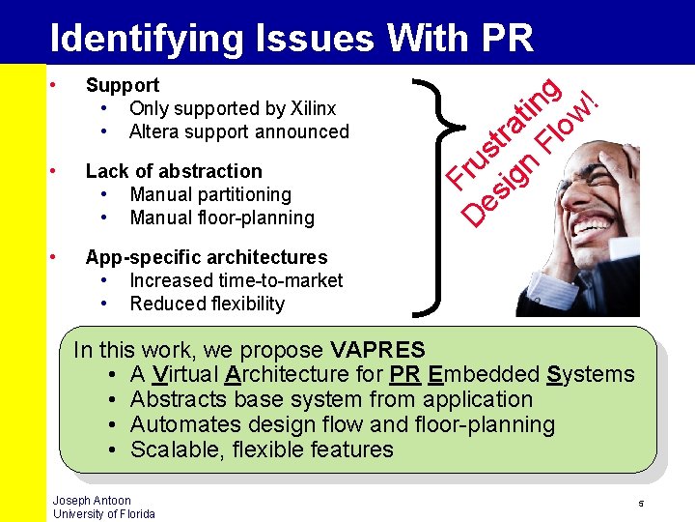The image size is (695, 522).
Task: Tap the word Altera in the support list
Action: pos(157,131)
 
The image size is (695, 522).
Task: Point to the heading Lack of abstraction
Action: pos(174,171)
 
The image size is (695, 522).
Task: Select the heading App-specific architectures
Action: pos(207,257)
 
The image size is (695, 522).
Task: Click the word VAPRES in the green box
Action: pos(377,349)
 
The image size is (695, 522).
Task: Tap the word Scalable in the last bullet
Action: pos(169,449)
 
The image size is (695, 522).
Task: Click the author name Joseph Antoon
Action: pos(92,501)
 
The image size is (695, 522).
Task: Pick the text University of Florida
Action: pos(103,513)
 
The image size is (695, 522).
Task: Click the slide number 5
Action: pos(640,505)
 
